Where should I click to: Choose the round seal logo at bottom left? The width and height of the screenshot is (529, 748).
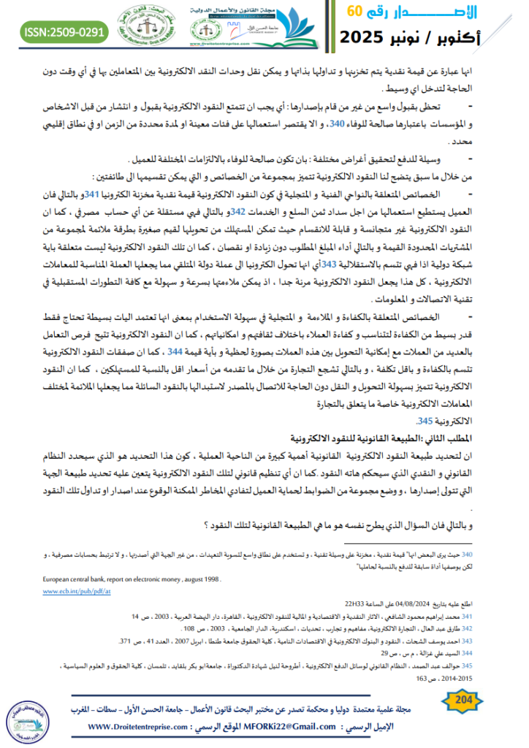26,722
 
